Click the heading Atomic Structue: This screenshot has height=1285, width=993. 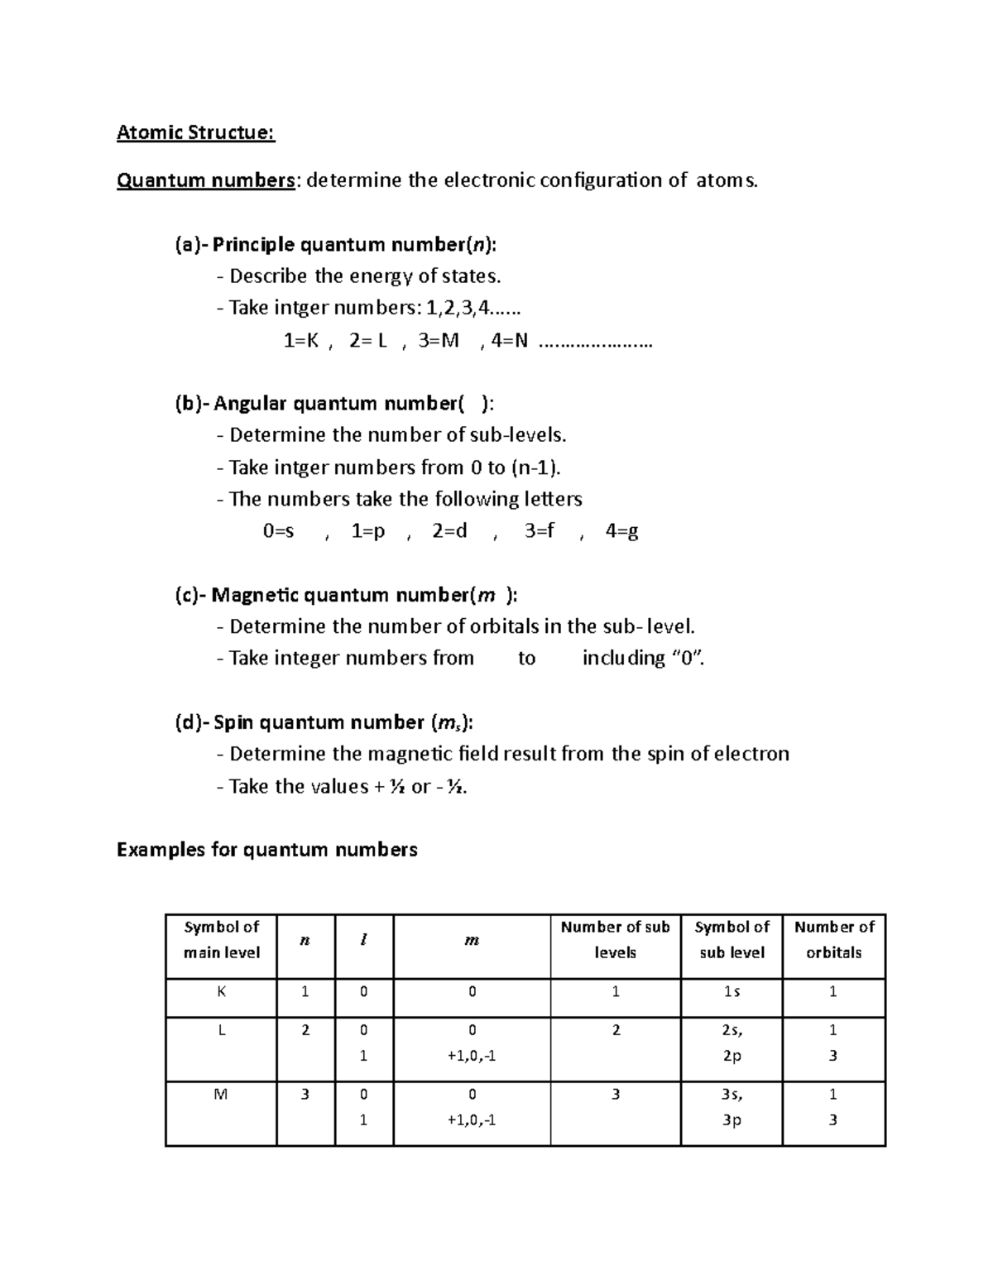(195, 132)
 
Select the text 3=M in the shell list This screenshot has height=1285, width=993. (439, 341)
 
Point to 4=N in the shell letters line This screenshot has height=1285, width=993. (509, 341)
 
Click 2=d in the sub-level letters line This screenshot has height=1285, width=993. (449, 531)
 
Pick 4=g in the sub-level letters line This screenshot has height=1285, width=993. (621, 531)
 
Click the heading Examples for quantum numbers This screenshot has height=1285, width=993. (266, 850)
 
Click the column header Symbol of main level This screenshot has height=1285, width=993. (221, 940)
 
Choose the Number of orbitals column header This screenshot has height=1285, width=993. (833, 940)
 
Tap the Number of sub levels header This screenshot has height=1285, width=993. (615, 940)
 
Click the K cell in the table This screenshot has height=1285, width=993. (221, 991)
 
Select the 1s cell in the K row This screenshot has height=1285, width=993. (732, 991)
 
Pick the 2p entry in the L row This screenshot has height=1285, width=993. (732, 1056)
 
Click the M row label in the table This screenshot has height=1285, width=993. (221, 1094)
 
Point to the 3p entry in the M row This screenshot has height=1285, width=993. (732, 1120)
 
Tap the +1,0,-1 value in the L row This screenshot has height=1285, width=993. (472, 1056)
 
